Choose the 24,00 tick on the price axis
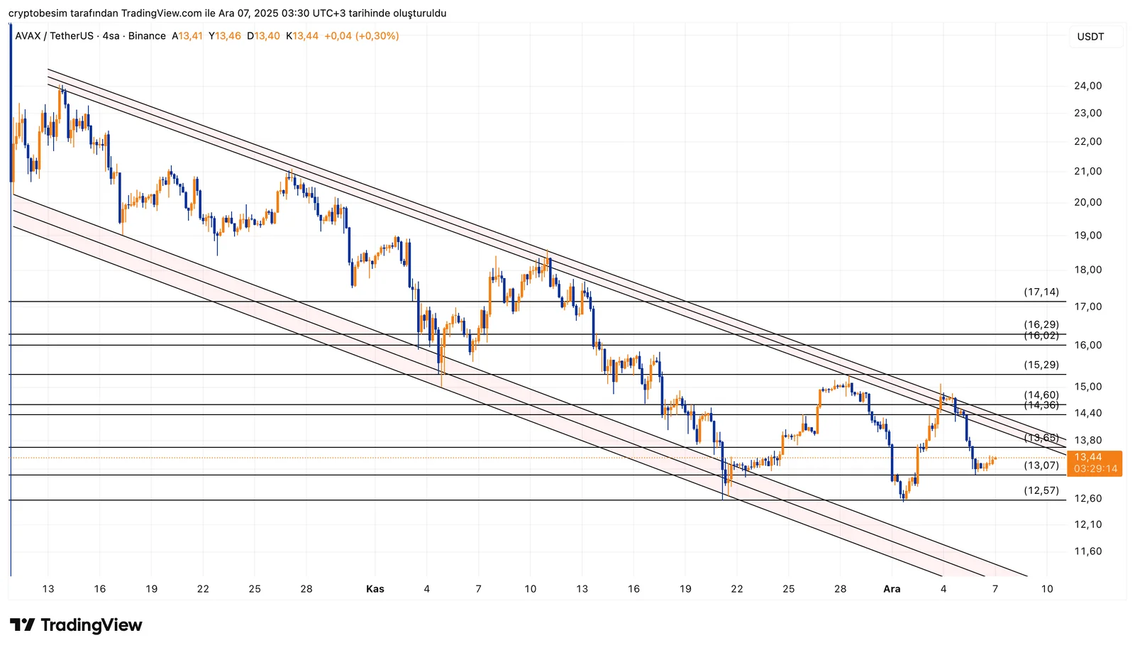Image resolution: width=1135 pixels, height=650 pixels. click(1087, 86)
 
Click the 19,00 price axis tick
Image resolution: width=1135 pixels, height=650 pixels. click(1087, 236)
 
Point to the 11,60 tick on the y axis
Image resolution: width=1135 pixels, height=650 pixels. click(1087, 551)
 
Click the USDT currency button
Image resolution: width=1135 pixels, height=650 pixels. click(1090, 37)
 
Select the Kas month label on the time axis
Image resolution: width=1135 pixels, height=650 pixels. click(375, 589)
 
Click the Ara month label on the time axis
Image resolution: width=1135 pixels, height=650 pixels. click(892, 589)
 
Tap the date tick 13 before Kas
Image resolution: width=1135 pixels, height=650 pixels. click(48, 589)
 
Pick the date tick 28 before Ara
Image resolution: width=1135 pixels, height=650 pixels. click(840, 589)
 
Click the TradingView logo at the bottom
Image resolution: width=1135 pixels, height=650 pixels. click(76, 625)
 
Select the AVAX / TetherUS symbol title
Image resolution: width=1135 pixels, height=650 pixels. click(54, 36)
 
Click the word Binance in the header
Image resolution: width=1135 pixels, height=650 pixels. click(147, 36)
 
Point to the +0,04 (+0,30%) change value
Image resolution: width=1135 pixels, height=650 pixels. click(361, 36)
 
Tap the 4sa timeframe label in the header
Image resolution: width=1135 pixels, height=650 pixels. click(111, 36)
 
